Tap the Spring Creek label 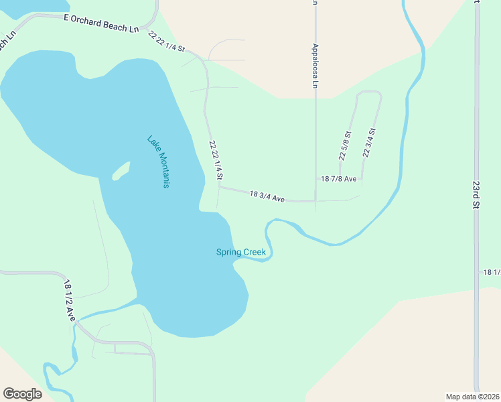pos(241,253)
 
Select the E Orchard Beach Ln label pos(101,24)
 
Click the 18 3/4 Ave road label pos(267,196)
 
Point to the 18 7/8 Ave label pos(339,179)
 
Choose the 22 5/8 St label pos(345,145)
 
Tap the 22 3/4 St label pos(368,143)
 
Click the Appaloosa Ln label pos(315,66)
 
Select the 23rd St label pos(476,194)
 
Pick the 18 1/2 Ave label pos(68,301)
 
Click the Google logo pos(22,394)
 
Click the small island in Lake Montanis pos(121,172)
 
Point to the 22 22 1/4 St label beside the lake pos(215,160)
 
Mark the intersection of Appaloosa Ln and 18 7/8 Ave pos(315,179)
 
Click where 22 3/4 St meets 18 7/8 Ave pos(362,179)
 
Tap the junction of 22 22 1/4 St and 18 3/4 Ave pos(218,188)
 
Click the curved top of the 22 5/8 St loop pos(369,92)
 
